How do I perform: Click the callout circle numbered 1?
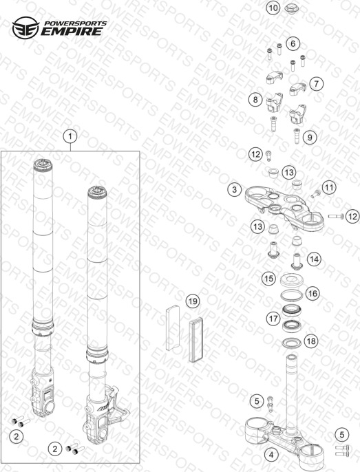[70, 137]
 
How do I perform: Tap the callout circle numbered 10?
[273, 8]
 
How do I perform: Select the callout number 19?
[193, 301]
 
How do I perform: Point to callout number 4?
[271, 455]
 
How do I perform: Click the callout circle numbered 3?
[234, 190]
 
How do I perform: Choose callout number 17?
[273, 319]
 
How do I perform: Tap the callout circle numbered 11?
[329, 188]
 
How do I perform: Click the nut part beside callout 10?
[291, 8]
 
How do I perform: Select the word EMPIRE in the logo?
[72, 32]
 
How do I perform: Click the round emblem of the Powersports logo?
[25, 28]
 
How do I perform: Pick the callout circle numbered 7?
[317, 83]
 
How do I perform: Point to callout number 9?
[310, 138]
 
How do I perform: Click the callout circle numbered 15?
[268, 279]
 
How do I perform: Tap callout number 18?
[311, 341]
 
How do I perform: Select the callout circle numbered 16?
[313, 293]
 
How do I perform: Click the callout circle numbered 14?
[314, 259]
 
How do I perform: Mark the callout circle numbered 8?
[255, 99]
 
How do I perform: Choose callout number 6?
[293, 43]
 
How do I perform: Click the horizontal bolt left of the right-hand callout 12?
[336, 216]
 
